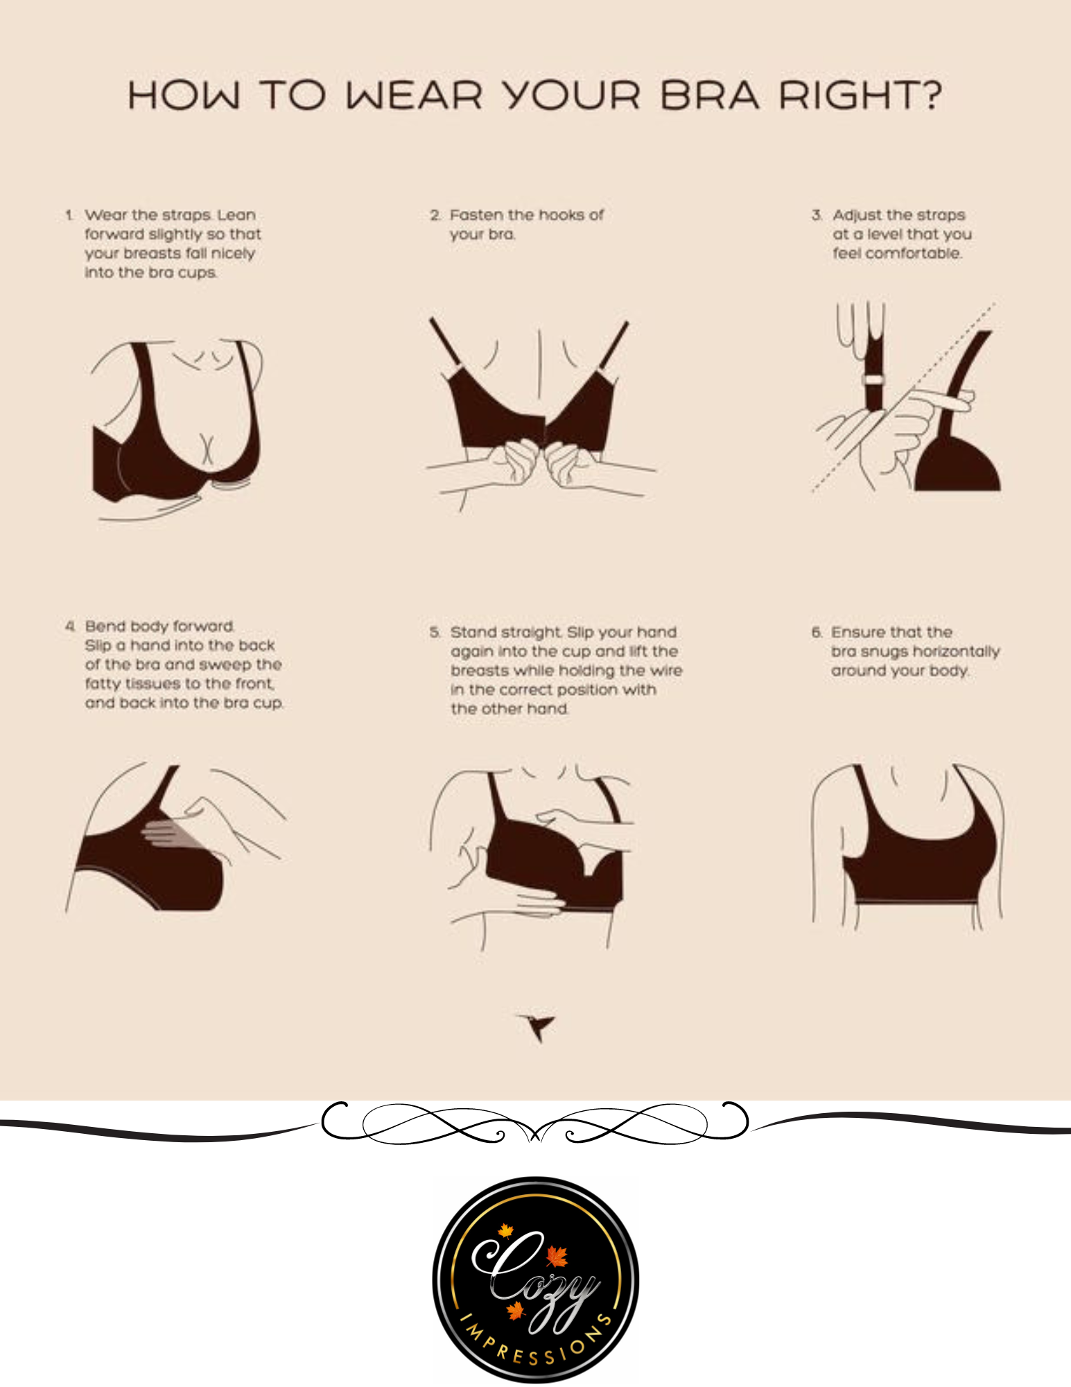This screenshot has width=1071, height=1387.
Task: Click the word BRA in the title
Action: tap(709, 95)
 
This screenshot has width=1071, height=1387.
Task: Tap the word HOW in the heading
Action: tap(183, 95)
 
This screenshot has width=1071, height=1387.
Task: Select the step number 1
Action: tap(69, 215)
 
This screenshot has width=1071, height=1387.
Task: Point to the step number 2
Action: tap(435, 215)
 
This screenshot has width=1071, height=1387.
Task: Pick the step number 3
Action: tap(817, 215)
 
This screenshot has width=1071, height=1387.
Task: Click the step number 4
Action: tap(70, 626)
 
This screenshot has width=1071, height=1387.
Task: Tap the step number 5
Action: tap(435, 632)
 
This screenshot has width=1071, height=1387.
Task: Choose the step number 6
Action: tap(817, 632)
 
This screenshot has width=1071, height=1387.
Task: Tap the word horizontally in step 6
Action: tap(956, 652)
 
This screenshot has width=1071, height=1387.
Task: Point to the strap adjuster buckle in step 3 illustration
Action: tap(873, 380)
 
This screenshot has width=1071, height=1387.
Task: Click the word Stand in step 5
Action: tap(471, 632)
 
